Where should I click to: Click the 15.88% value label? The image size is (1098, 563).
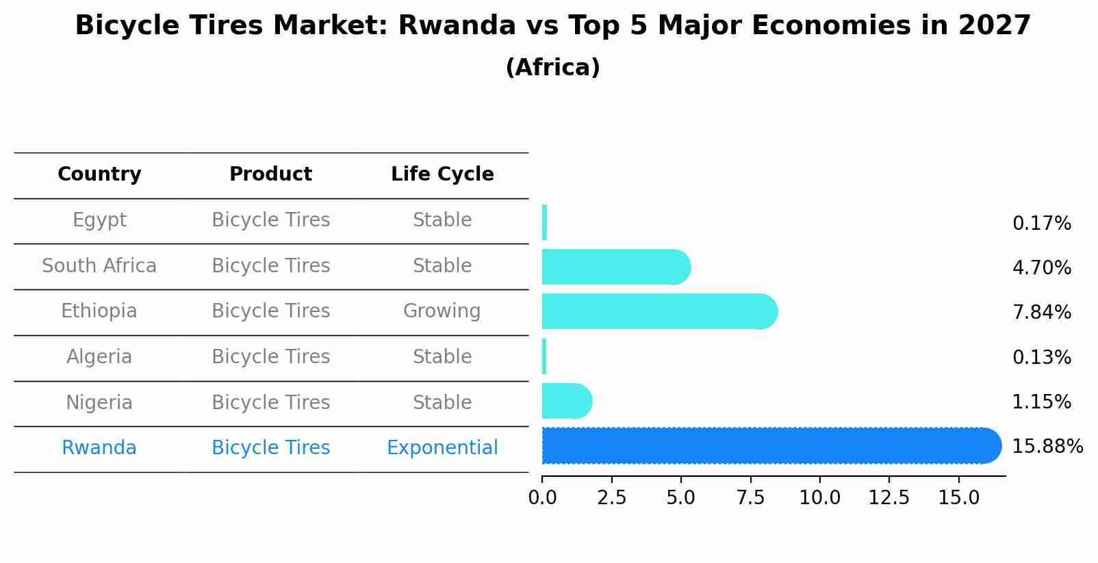pos(1047,447)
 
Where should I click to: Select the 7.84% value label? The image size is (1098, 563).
pos(1041,313)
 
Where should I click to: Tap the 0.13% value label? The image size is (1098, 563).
pos(1041,357)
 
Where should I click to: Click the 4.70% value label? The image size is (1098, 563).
pos(1041,267)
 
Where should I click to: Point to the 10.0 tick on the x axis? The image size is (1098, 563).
pos(819,498)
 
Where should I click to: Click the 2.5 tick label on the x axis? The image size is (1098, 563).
pos(611,498)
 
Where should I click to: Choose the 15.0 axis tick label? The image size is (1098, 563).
pos(958,498)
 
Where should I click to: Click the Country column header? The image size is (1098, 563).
pos(99,174)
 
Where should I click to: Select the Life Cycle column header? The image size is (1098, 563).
pos(442,174)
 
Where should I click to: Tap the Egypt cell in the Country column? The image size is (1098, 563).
pos(99,220)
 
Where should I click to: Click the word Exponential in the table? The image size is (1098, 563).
pos(442,448)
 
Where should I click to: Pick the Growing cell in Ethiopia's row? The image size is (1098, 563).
pos(442,311)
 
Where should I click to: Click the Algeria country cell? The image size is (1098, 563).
pos(99,357)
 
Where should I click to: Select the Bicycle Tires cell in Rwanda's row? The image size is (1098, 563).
pos(270,448)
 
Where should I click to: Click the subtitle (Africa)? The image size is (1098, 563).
pos(552,68)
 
